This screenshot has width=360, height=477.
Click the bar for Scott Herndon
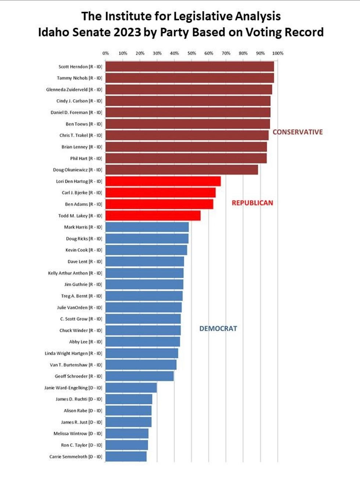pyautogui.click(x=190, y=67)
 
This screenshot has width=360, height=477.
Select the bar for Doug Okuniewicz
pyautogui.click(x=181, y=170)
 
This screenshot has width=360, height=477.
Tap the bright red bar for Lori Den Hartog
pyautogui.click(x=163, y=181)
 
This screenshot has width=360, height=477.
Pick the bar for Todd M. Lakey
pyautogui.click(x=153, y=216)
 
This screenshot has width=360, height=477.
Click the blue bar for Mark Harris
pyautogui.click(x=147, y=227)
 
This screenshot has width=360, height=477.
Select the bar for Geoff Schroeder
pyautogui.click(x=140, y=376)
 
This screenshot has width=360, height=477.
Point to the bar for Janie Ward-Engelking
pyautogui.click(x=131, y=388)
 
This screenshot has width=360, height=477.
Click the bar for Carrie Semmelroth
pyautogui.click(x=126, y=456)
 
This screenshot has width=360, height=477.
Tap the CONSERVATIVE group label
pyautogui.click(x=298, y=132)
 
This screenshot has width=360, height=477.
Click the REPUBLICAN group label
pyautogui.click(x=252, y=203)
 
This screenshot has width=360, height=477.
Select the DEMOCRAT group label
pyautogui.click(x=218, y=329)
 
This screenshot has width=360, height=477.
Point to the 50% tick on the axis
pyautogui.click(x=192, y=53)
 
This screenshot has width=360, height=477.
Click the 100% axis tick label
pyautogui.click(x=278, y=53)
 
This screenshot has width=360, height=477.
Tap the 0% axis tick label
pyautogui.click(x=106, y=53)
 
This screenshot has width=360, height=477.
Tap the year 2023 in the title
pyautogui.click(x=127, y=32)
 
